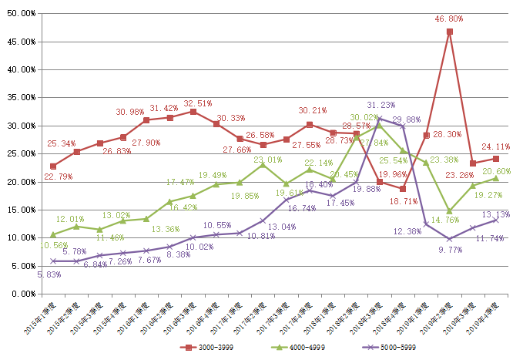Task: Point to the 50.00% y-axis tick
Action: pyautogui.click(x=22, y=13)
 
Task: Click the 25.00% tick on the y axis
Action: pyautogui.click(x=22, y=153)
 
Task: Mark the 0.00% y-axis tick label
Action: pyautogui.click(x=23, y=294)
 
